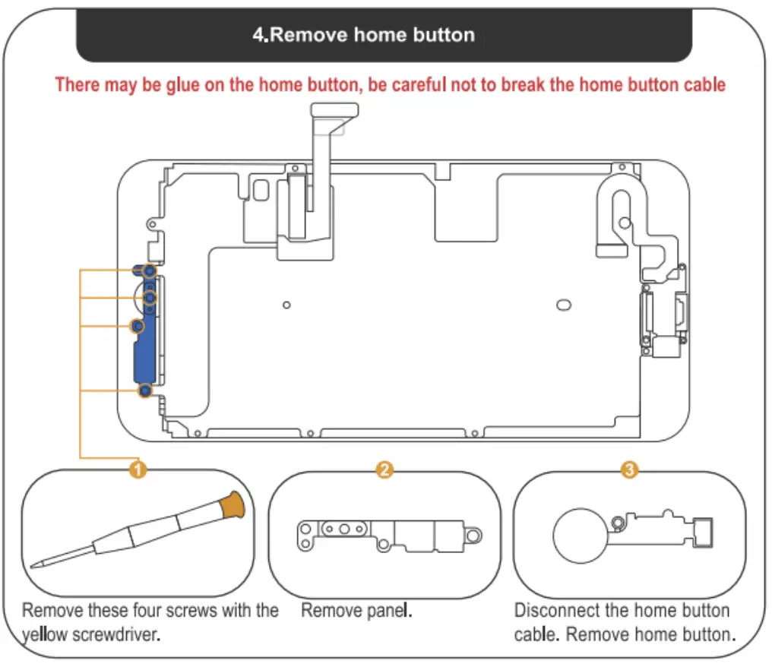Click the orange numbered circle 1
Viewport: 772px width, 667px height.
click(138, 470)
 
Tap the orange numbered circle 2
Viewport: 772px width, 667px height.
click(384, 470)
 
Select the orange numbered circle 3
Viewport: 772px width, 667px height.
click(629, 470)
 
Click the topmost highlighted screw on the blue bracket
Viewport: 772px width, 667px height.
click(150, 270)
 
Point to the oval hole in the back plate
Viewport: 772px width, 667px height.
click(564, 304)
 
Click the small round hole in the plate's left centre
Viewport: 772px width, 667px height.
click(286, 305)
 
